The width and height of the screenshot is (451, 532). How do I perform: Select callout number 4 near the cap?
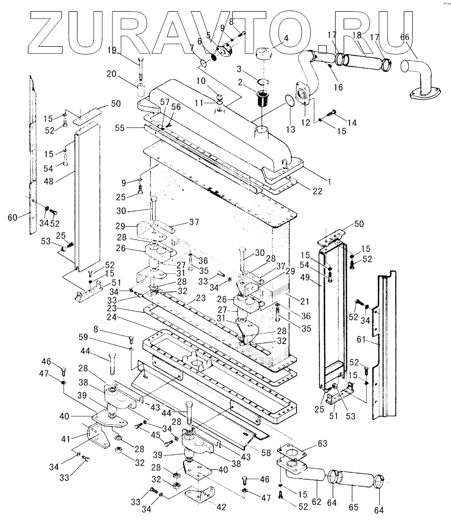[x=286, y=38]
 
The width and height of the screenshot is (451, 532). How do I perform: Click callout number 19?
[x=112, y=50]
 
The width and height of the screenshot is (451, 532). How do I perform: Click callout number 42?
[x=221, y=507]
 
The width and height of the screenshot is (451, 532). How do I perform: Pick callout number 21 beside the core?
[x=304, y=302]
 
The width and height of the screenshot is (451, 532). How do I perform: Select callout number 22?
[x=317, y=191]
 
